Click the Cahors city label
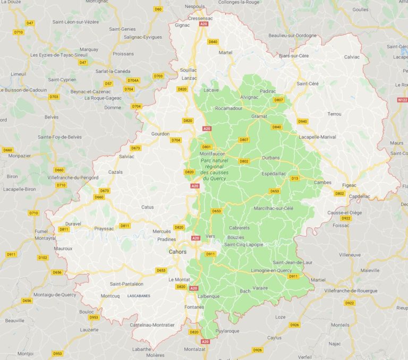click(177, 252)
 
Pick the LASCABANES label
click(139, 295)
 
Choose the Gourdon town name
click(160, 134)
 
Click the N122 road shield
click(402, 99)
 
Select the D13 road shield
click(294, 178)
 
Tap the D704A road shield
click(133, 80)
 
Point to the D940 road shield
click(302, 122)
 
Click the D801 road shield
click(207, 147)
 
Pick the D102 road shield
click(42, 258)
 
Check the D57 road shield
click(108, 83)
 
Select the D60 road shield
click(158, 9)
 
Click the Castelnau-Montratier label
click(151, 324)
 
